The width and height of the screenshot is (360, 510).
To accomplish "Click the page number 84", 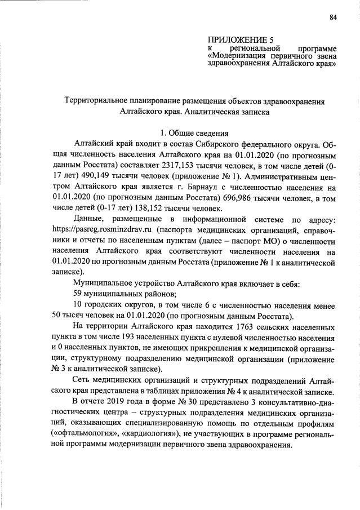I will coord(333,17).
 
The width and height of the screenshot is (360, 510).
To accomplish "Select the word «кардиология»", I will coord(148,433).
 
